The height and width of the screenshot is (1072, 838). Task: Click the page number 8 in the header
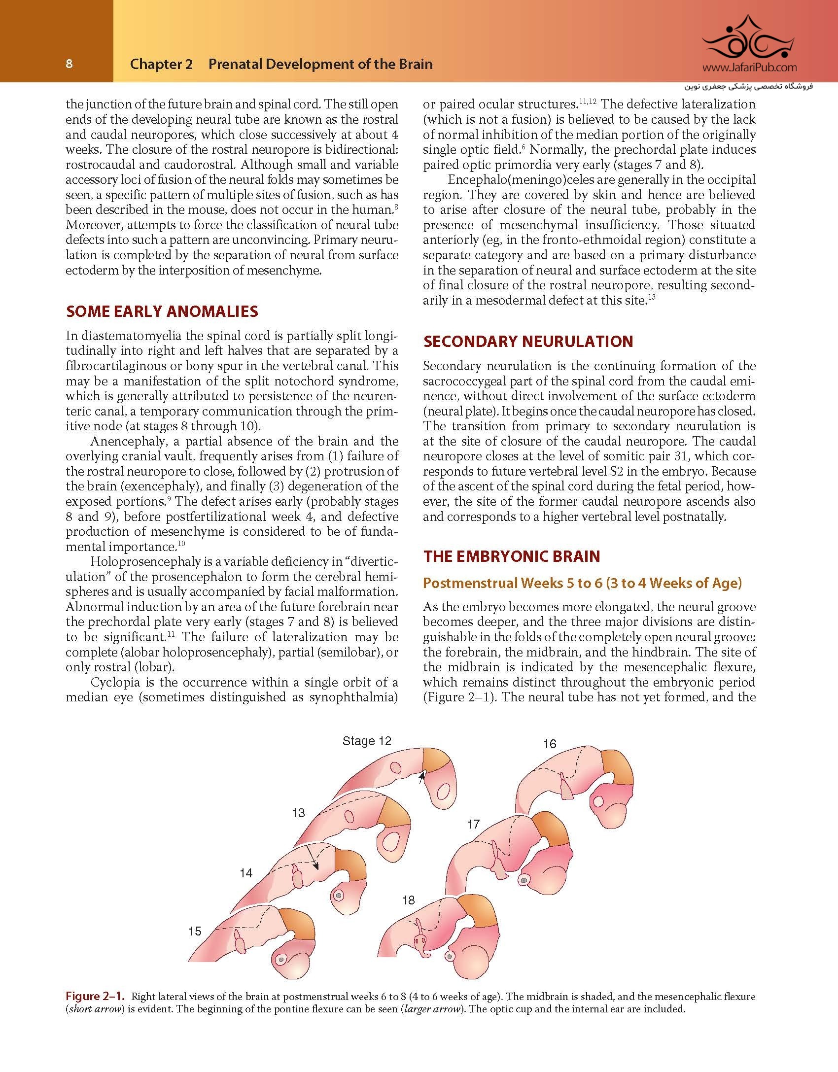point(69,64)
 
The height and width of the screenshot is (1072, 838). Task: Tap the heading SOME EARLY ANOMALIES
point(162,311)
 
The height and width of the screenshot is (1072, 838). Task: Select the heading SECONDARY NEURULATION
point(528,342)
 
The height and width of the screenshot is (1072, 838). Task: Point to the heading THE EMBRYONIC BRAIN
point(512,556)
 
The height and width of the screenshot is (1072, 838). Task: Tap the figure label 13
point(298,813)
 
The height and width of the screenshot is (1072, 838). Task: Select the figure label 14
point(246,873)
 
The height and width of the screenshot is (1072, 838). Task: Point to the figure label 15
point(195,931)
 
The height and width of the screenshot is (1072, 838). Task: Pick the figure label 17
point(473,824)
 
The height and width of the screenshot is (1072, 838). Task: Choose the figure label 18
point(408,900)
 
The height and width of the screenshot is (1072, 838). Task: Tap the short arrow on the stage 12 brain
point(420,778)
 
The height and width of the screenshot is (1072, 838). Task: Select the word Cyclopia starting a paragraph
point(110,683)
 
